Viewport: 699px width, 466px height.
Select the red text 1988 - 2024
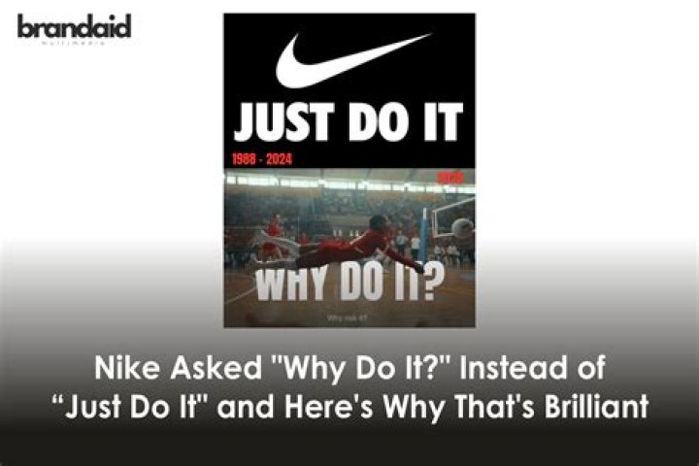262,157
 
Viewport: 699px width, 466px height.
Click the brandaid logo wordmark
74,26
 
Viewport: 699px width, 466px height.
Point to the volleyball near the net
462,229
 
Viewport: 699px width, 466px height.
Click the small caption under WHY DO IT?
349,316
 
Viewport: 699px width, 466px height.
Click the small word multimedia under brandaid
74,45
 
